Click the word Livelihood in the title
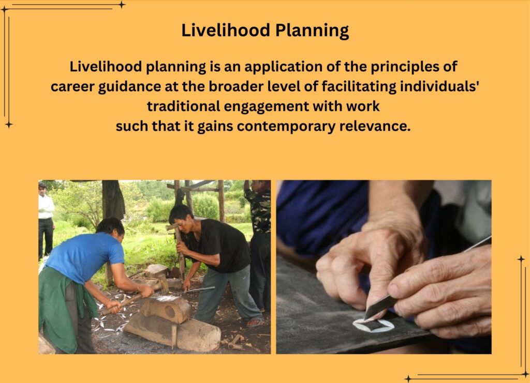click(x=226, y=30)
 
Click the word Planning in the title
click(x=312, y=31)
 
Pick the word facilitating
click(x=359, y=87)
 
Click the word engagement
click(x=266, y=106)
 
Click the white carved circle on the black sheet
click(x=374, y=326)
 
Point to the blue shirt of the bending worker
click(x=84, y=256)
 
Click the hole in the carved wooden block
click(x=170, y=310)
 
